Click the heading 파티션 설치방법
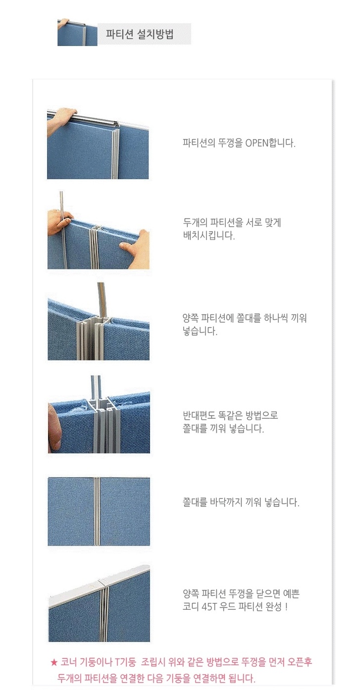140,34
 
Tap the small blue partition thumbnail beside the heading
77,32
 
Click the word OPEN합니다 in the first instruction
270,143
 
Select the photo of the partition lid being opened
98,144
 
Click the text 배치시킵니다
208,236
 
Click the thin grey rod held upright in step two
63,230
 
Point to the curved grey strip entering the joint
102,299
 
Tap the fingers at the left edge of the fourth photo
54,428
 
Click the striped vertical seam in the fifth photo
97,511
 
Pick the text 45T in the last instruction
209,606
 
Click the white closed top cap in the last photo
99,582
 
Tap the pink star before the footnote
54,662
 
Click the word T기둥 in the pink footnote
125,661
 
